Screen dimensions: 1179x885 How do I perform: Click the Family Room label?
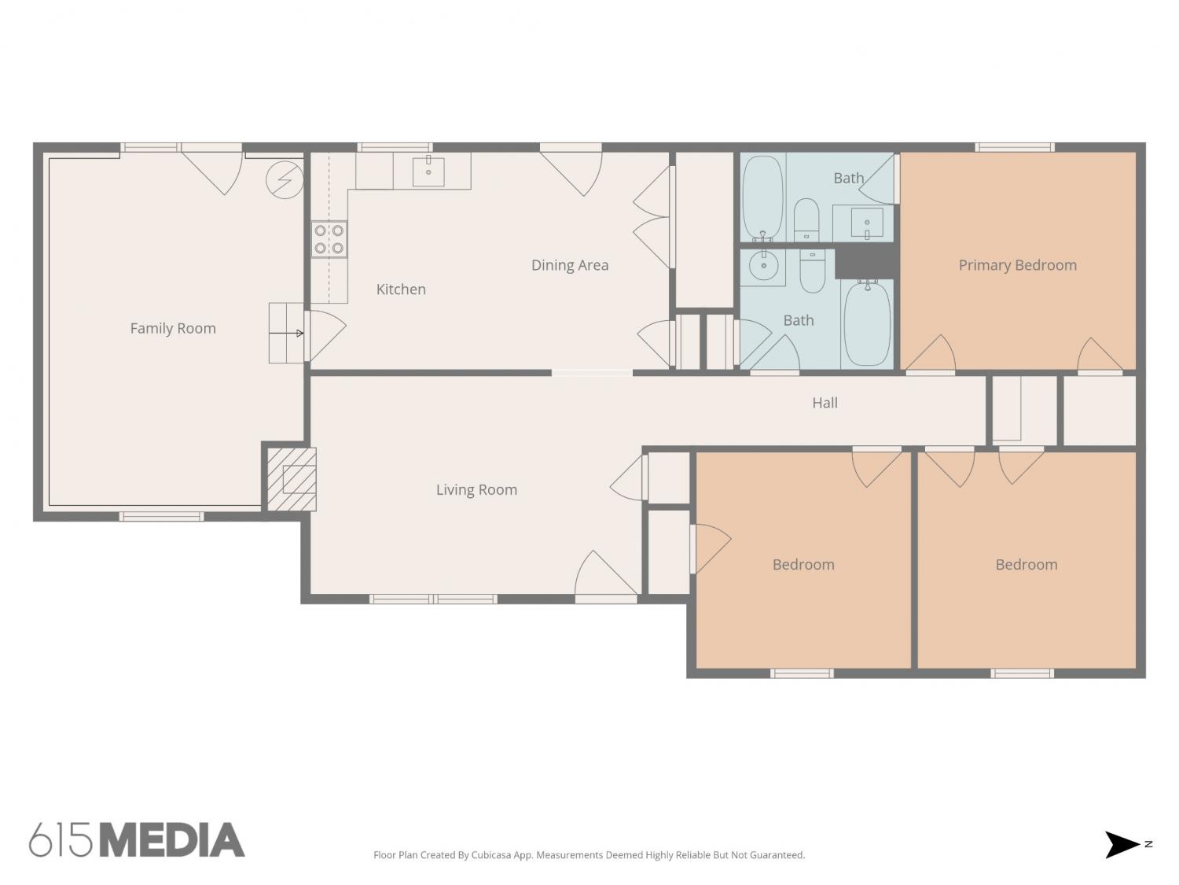click(173, 328)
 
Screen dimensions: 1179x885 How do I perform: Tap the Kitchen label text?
click(401, 289)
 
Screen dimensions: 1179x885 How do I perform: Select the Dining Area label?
click(569, 265)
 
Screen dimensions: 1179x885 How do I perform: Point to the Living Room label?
click(476, 489)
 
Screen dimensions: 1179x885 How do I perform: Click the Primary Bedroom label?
click(1017, 265)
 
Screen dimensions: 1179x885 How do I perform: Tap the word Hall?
click(825, 403)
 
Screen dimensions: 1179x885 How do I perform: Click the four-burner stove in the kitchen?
click(329, 239)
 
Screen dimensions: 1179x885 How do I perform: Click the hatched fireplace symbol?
click(292, 479)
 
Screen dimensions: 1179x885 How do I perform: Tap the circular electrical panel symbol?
click(285, 180)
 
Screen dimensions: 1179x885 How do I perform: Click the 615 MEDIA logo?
click(137, 840)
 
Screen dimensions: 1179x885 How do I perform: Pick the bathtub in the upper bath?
click(762, 197)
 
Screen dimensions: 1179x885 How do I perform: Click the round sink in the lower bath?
click(763, 266)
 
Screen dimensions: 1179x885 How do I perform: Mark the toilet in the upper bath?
click(806, 219)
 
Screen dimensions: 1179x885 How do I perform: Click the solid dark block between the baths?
click(864, 264)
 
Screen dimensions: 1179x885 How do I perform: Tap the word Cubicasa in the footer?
click(491, 855)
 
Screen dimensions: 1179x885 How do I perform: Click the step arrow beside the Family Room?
click(286, 333)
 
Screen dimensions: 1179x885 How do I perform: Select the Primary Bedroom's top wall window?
click(1014, 147)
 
